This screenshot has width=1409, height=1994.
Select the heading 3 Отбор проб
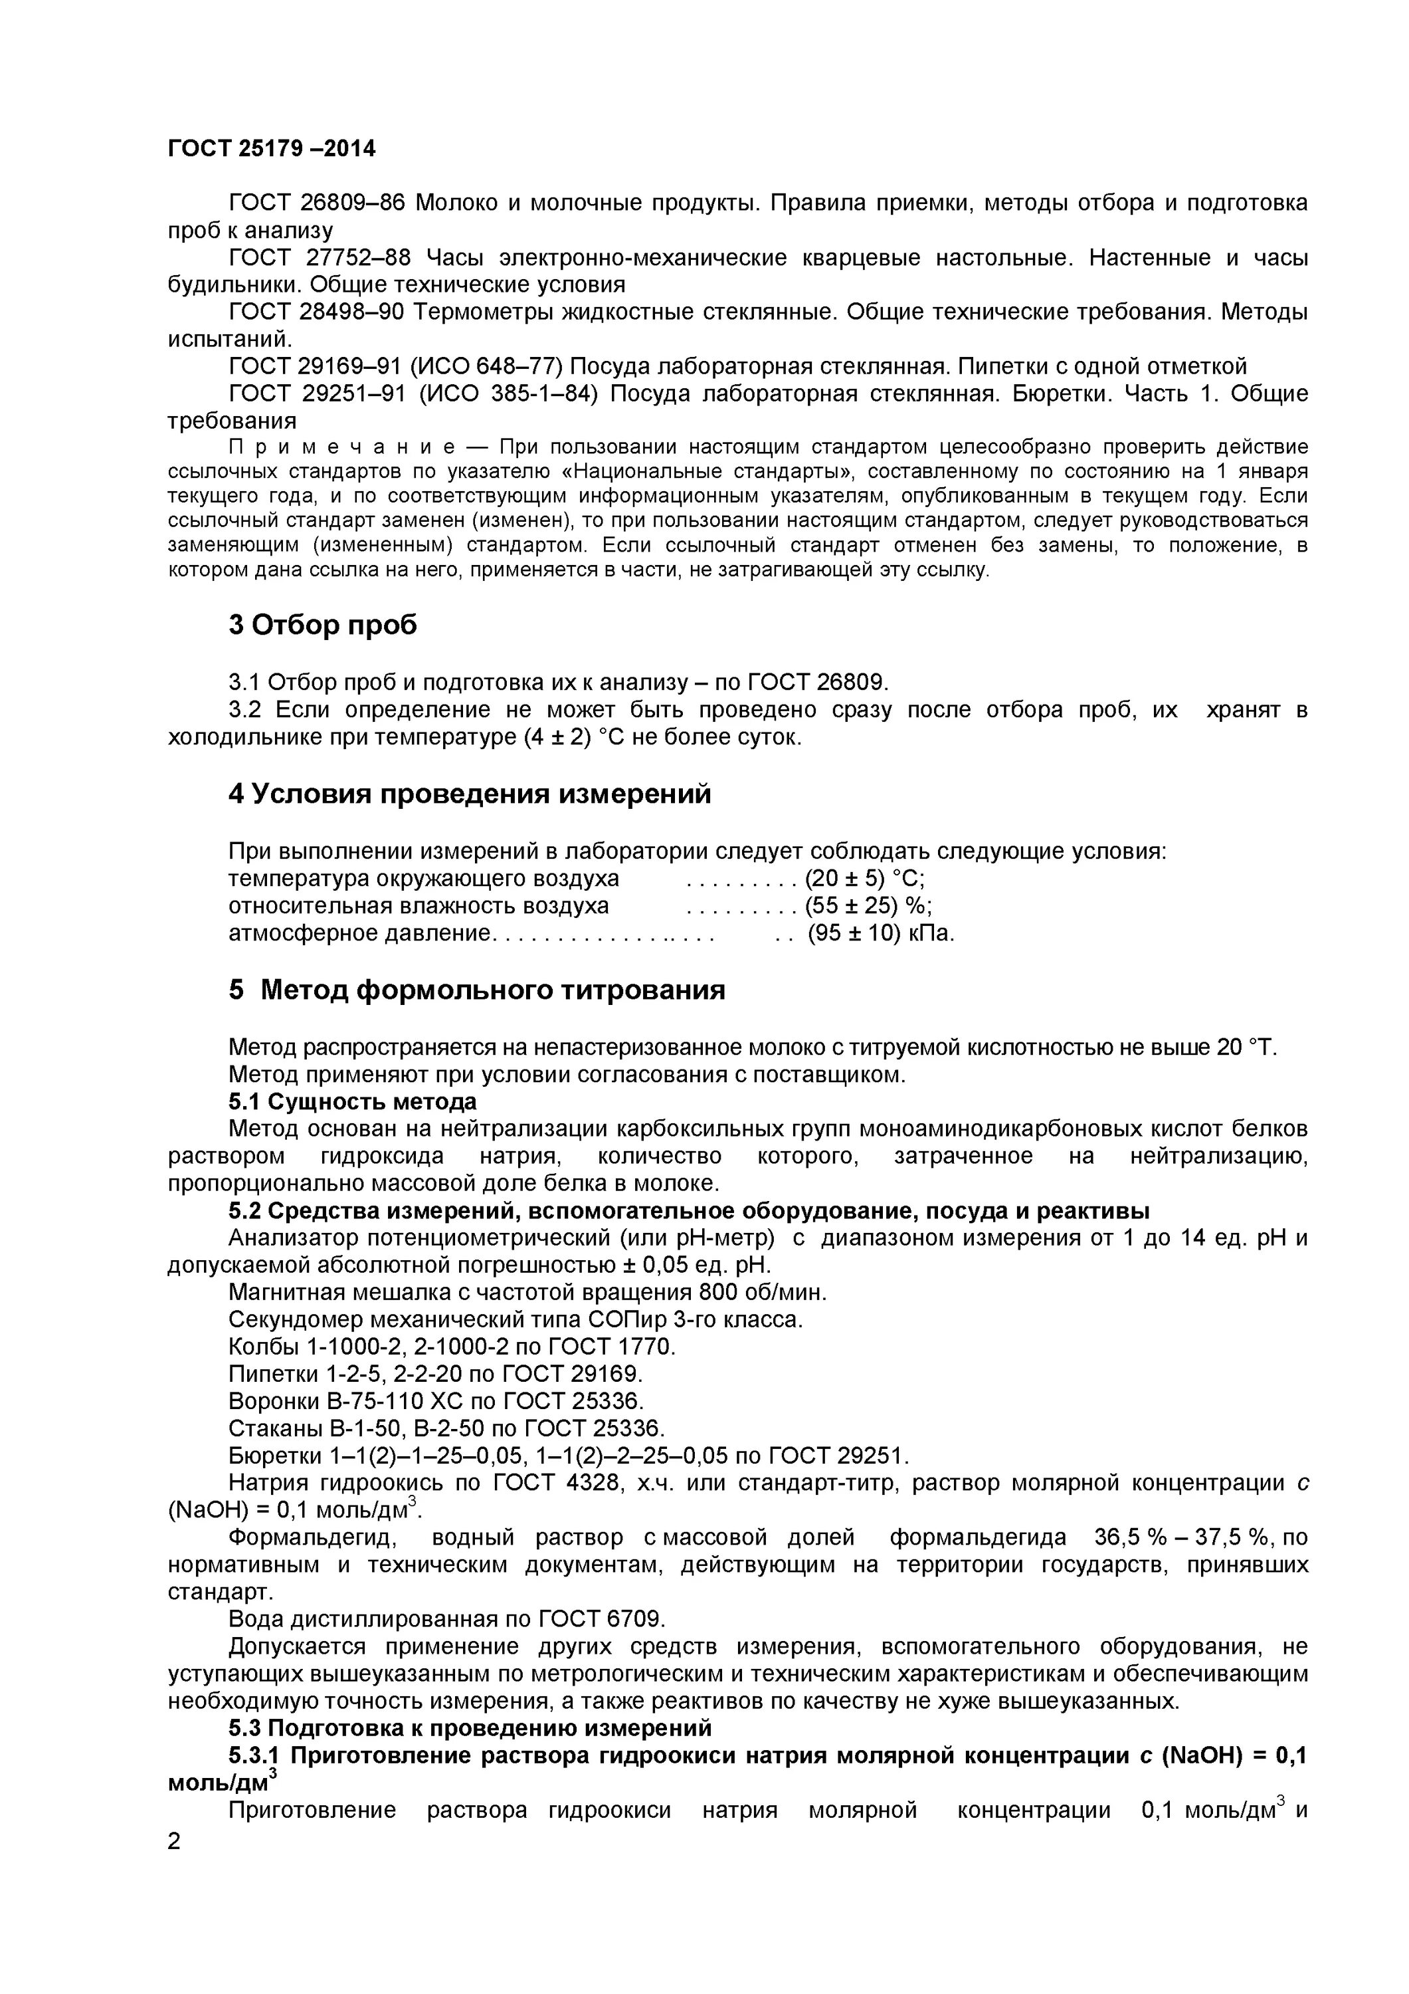[322, 624]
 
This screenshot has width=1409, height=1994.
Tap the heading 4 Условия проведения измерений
[469, 793]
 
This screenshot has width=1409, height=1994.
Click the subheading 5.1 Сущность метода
[353, 1101]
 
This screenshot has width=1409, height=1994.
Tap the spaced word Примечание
[341, 447]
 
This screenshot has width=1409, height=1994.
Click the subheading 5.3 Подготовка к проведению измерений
[470, 1727]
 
